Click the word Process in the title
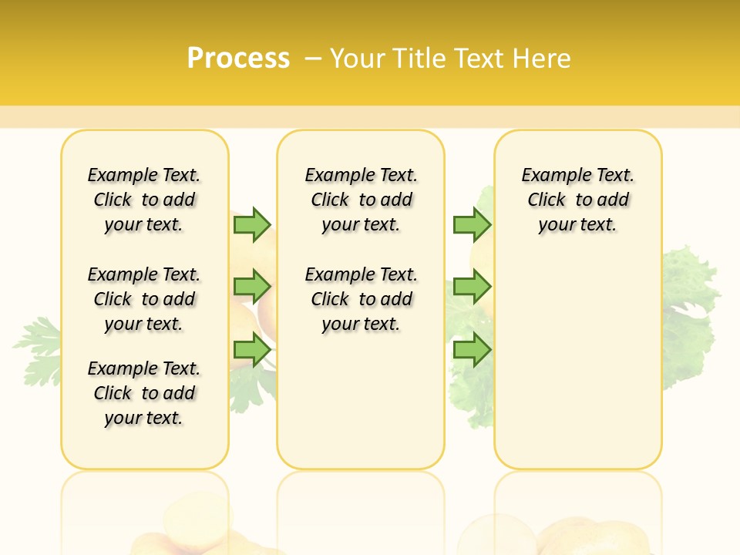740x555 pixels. click(x=238, y=58)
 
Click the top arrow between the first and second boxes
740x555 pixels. click(x=251, y=224)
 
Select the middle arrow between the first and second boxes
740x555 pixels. click(x=251, y=287)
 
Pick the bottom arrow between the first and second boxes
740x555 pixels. click(x=251, y=350)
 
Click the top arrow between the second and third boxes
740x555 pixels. click(x=472, y=224)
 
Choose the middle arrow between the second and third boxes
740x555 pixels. click(x=472, y=287)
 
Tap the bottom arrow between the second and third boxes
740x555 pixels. click(x=472, y=350)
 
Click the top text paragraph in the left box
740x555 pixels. click(x=144, y=200)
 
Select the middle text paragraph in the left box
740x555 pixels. click(x=144, y=299)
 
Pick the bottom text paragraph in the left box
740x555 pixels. click(x=144, y=393)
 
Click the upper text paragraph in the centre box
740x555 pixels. click(x=361, y=200)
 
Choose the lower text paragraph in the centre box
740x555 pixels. click(x=361, y=299)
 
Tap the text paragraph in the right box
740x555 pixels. click(x=578, y=200)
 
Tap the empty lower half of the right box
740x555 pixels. click(x=578, y=370)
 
